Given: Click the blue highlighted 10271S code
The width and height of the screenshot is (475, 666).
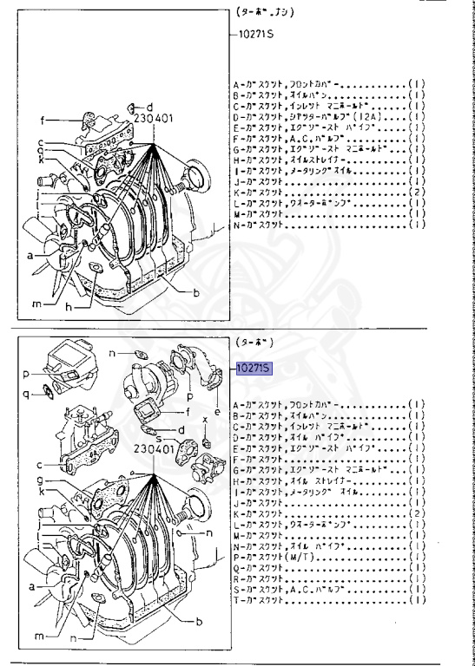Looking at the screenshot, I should [x=254, y=369].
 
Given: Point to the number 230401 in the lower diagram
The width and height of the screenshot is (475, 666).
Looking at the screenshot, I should [x=153, y=450].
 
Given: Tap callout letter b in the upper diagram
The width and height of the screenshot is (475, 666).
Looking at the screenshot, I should [x=196, y=293].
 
